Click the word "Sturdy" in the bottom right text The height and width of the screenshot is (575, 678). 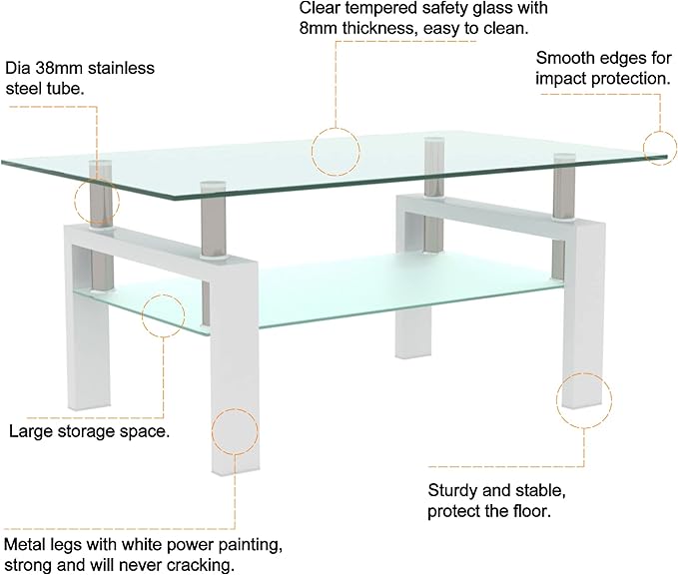pyautogui.click(x=455, y=491)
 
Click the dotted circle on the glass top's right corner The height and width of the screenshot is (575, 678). pyautogui.click(x=659, y=147)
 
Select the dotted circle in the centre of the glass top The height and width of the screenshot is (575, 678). pyautogui.click(x=335, y=151)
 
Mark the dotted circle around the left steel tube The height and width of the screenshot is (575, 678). pyautogui.click(x=96, y=202)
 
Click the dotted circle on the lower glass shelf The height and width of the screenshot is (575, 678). pyautogui.click(x=164, y=314)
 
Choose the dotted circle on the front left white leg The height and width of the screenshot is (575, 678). pyautogui.click(x=236, y=431)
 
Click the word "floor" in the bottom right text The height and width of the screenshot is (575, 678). pyautogui.click(x=531, y=512)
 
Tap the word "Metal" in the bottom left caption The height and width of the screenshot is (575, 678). pyautogui.click(x=26, y=546)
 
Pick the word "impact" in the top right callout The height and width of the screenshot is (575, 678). pyautogui.click(x=562, y=78)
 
